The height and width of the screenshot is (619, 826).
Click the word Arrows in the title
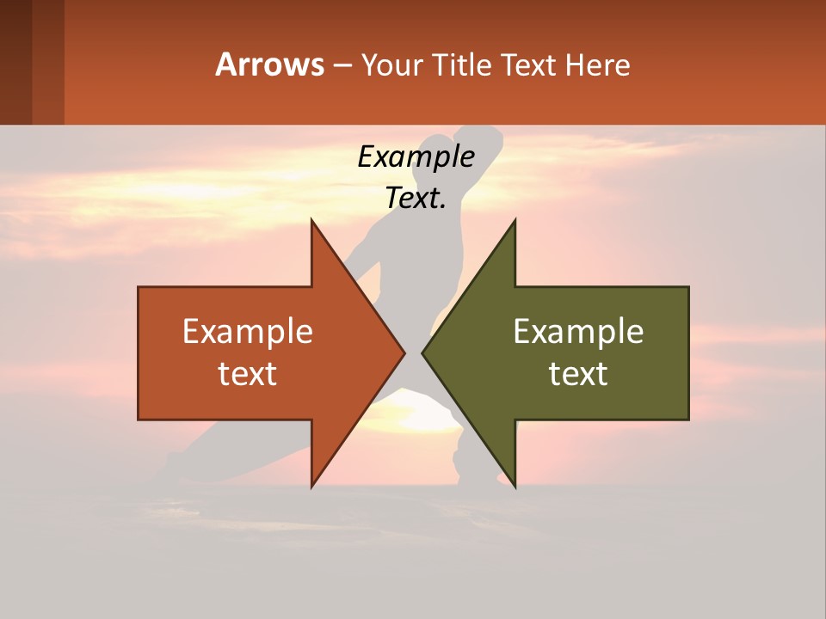(270, 64)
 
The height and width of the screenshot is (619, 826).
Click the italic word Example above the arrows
(416, 156)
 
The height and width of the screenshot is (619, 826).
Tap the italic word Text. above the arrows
(416, 198)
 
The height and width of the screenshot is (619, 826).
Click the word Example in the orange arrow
(248, 331)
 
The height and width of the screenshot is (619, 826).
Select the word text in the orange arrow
(248, 374)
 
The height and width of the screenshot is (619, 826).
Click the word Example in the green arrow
(578, 331)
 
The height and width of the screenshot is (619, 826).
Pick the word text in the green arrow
(578, 374)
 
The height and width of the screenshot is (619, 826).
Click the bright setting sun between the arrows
(413, 413)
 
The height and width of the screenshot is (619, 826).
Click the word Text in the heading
(528, 65)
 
